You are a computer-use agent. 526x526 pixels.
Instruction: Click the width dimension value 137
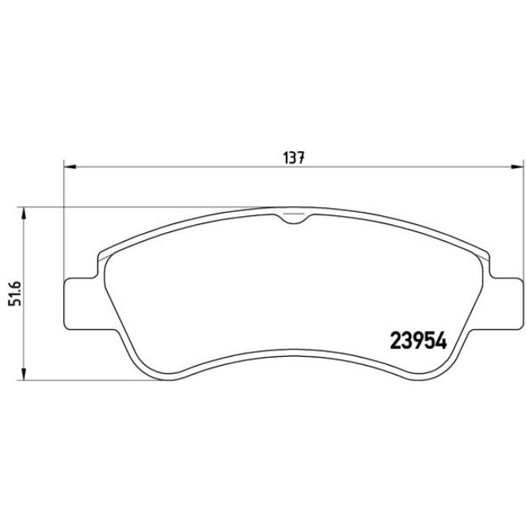[292, 159]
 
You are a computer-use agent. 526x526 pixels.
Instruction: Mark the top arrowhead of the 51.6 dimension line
[24, 212]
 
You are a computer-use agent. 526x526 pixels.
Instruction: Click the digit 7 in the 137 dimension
[300, 159]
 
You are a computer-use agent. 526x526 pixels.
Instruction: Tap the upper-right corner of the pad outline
[486, 255]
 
